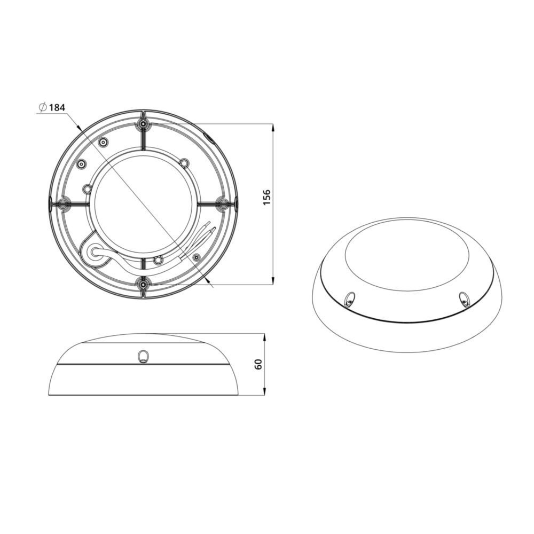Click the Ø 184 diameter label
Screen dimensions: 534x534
tap(52, 107)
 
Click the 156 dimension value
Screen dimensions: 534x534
tap(267, 197)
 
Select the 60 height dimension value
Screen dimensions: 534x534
tap(259, 365)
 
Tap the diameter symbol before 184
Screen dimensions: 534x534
tap(42, 107)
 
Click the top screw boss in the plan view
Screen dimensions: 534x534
tap(143, 124)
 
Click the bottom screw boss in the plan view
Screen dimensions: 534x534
tap(143, 283)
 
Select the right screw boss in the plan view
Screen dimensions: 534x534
tap(222, 203)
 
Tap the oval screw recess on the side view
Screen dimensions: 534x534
tap(143, 357)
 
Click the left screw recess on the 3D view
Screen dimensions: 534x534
tap(349, 300)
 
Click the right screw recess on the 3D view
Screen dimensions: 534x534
tap(463, 299)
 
